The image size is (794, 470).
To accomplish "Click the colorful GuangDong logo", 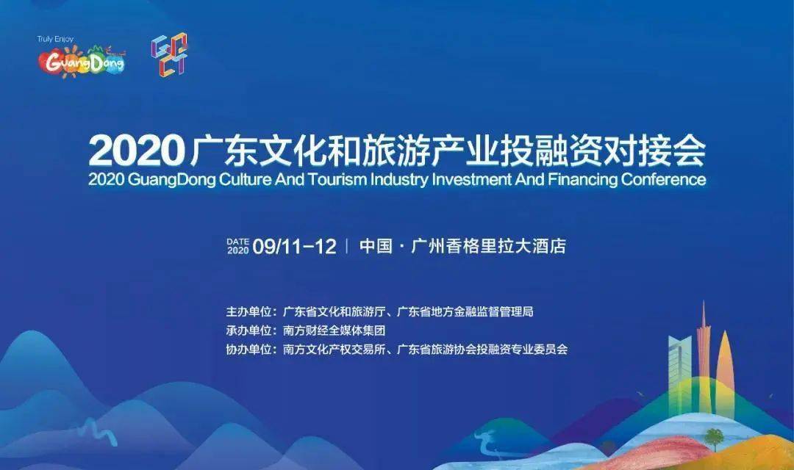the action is (x=82, y=61).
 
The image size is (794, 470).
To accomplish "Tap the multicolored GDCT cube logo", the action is (x=169, y=54).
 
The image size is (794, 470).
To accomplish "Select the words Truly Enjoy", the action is (x=55, y=39).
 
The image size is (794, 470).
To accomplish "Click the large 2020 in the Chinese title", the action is (x=136, y=151).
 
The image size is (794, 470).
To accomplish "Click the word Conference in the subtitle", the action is (x=663, y=180).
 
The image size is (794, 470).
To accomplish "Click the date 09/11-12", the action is (x=294, y=247).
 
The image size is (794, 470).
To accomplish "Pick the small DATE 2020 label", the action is (x=237, y=246).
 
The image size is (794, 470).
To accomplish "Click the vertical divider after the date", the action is (x=347, y=246).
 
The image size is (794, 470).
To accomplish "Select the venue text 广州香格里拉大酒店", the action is (x=488, y=246).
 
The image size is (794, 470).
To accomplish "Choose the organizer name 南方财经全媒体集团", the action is (x=335, y=330).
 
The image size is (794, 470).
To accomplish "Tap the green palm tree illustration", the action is (x=715, y=438).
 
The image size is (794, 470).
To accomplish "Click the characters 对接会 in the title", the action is (x=654, y=151).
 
